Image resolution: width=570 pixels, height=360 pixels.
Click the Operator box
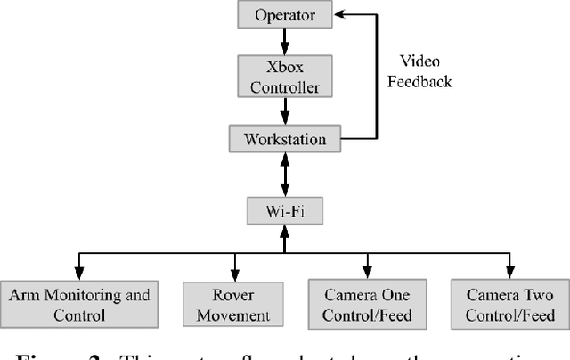tap(284, 14)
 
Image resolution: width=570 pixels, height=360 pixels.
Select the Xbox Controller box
tap(284, 77)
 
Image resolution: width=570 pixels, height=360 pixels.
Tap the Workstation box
tap(284, 139)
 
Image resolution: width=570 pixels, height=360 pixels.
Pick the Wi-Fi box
tap(284, 210)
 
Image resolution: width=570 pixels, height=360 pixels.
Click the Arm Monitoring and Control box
tap(79, 305)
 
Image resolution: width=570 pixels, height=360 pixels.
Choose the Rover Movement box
tap(233, 305)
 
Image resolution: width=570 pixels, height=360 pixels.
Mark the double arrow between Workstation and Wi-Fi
tap(284, 175)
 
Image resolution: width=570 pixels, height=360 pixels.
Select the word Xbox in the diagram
tap(284, 67)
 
